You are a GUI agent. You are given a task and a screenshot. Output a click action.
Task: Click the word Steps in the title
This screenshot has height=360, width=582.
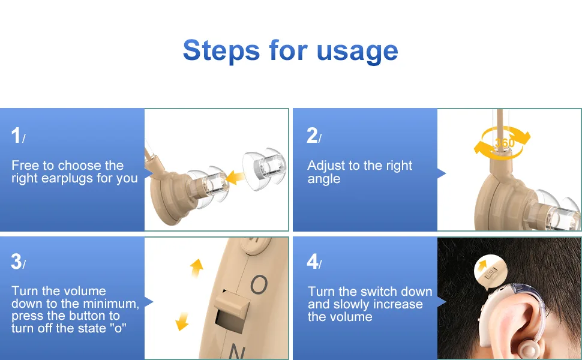point(221,51)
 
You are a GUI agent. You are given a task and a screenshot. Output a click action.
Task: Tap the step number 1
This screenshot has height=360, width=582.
point(16,135)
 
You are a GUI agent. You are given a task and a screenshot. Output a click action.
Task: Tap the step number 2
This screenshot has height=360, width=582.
point(312,135)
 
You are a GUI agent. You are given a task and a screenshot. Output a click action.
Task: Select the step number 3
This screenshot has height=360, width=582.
point(16,262)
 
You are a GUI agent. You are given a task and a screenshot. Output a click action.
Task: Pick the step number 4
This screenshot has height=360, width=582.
point(312,262)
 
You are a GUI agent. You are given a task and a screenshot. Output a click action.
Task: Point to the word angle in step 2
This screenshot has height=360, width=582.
point(323,179)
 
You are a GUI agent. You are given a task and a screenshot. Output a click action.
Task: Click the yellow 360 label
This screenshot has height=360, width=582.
point(505,143)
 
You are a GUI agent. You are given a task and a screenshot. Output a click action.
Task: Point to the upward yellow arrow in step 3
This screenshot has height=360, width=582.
point(197,268)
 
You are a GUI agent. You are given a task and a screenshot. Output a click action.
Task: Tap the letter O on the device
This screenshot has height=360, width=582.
point(259,284)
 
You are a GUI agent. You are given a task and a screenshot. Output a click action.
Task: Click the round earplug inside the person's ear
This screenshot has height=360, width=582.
point(526,349)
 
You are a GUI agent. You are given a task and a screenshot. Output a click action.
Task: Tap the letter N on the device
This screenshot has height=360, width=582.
point(236,351)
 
